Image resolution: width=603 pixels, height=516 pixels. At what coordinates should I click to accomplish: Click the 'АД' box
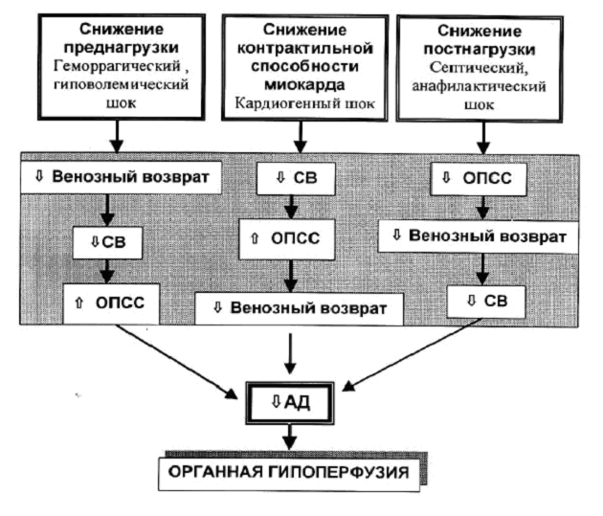[290, 400]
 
